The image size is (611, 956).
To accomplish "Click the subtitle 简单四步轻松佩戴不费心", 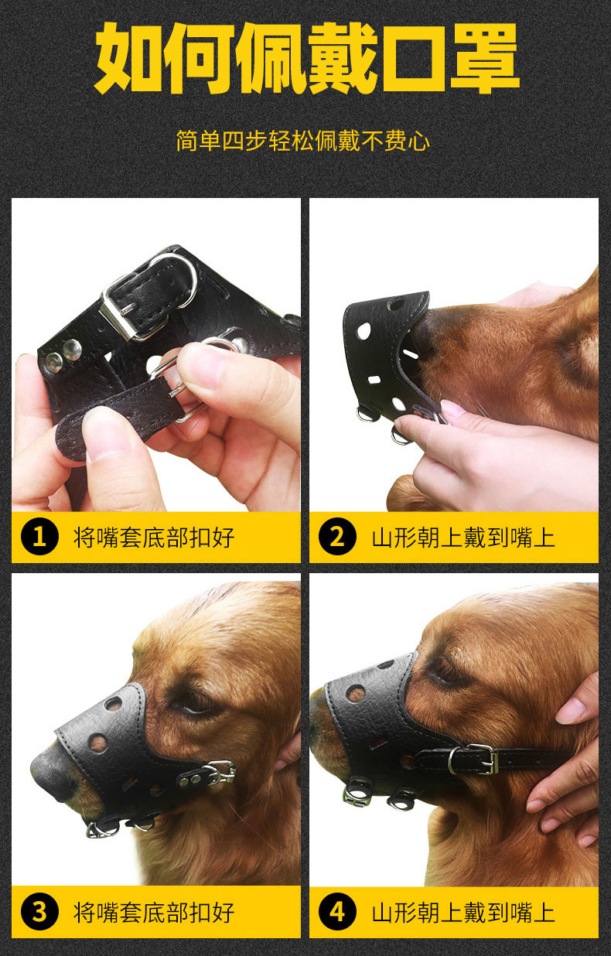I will [x=302, y=142].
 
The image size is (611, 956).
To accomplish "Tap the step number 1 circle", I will [x=39, y=537].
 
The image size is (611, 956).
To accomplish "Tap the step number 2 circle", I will [x=336, y=537].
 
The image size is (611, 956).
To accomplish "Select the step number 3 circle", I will [x=39, y=913].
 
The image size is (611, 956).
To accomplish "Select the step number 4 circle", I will [x=336, y=913].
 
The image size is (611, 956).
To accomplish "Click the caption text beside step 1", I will [x=154, y=537].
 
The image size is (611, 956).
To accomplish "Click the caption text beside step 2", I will [x=463, y=537].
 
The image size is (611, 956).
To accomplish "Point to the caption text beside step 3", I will [x=154, y=913].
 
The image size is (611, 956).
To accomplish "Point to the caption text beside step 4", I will [x=463, y=913].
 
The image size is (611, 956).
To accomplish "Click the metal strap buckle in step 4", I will [x=473, y=759].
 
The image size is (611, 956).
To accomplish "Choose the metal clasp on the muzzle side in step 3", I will [x=220, y=771].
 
